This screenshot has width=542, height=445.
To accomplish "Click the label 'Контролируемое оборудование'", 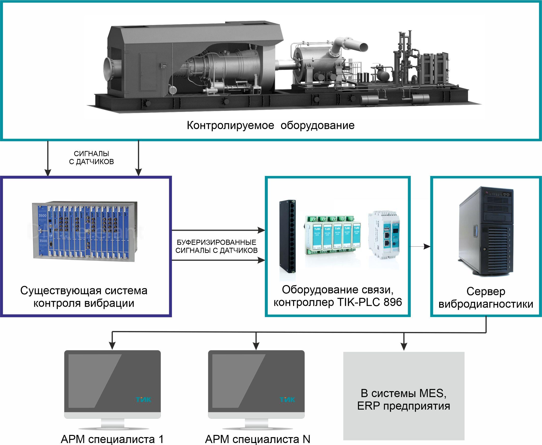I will tap(271, 125).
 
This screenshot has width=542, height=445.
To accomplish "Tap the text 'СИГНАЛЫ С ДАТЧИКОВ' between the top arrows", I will tap(91, 158).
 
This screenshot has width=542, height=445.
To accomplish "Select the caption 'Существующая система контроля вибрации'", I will tap(84, 297).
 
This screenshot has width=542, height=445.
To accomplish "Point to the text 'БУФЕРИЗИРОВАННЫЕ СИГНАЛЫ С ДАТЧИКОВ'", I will tap(216, 246).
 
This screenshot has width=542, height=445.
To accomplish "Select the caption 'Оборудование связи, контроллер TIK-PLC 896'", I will tap(338, 296).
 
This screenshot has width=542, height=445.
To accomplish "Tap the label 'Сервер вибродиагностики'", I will tap(486, 298).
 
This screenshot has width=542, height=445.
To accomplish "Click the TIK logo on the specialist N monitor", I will tap(287, 400).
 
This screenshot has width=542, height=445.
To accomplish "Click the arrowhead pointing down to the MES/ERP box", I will tap(404, 346).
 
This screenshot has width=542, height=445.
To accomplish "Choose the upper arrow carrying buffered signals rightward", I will tap(218, 230).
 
